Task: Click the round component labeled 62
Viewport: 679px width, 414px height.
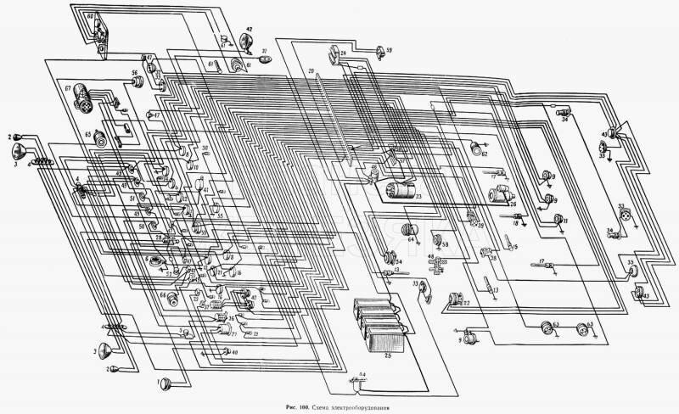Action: coord(475,150)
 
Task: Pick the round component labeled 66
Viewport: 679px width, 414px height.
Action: coord(173,299)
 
